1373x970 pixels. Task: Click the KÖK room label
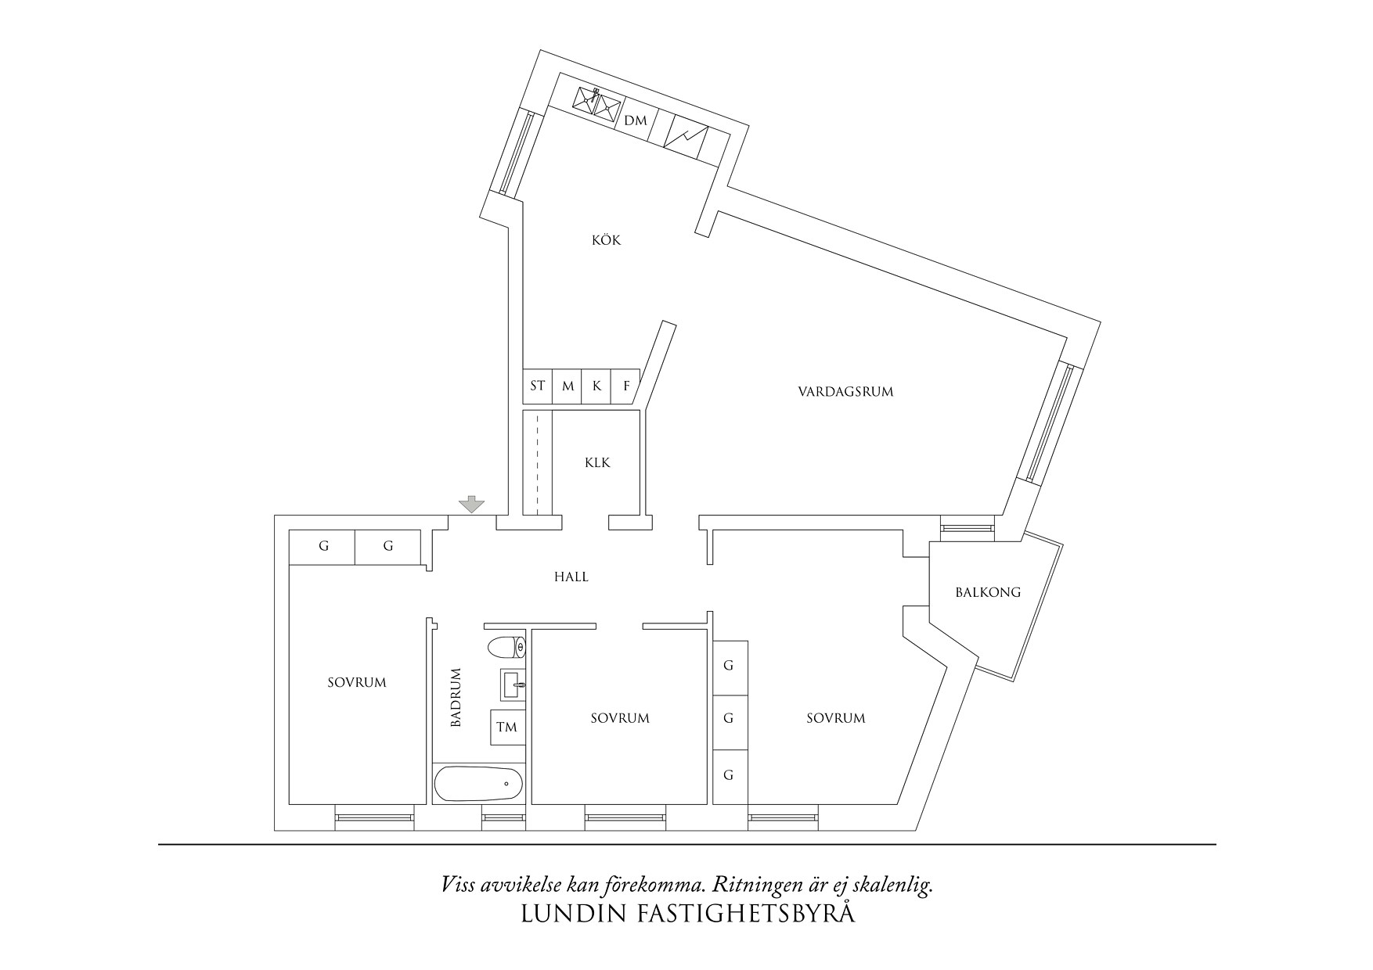coord(606,240)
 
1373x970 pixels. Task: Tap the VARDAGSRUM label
coord(845,391)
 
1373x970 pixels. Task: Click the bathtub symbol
coord(478,783)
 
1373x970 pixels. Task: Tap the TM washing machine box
coord(506,727)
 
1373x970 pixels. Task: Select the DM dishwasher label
coord(636,120)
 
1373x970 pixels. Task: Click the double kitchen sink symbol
coord(596,102)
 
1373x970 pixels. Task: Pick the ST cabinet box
coord(537,386)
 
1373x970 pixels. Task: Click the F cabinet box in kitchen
coord(626,386)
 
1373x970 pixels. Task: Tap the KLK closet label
coord(597,462)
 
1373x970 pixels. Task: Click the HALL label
coord(571,577)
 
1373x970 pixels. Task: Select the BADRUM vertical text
coord(456,698)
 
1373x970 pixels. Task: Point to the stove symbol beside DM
coord(686,138)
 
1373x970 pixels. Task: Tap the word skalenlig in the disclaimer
coord(898,886)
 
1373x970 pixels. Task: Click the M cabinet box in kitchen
coord(568,386)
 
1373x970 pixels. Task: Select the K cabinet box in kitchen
coord(596,386)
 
